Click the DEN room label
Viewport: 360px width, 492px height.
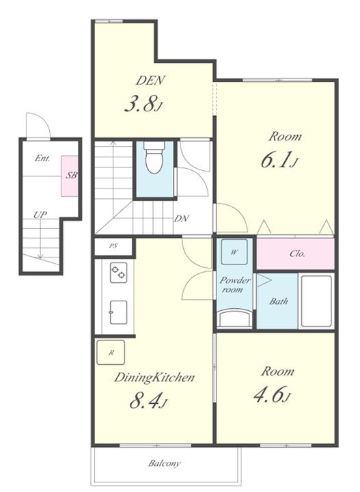150,81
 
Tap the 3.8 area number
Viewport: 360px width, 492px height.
141,104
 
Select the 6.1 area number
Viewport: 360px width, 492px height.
276,159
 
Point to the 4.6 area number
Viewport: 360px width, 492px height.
268,394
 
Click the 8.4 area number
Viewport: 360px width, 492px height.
145,400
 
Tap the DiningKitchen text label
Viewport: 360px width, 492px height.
154,377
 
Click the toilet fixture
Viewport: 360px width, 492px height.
154,158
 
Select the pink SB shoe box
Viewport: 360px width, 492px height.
70,176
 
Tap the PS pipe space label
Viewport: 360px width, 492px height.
113,246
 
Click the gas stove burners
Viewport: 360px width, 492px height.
119,273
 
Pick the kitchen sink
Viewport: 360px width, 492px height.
119,312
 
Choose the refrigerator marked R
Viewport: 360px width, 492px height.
111,353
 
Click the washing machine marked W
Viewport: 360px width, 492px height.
234,252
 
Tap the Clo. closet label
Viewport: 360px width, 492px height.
297,254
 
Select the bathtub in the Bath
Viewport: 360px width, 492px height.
316,301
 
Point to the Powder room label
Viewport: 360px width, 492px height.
234,285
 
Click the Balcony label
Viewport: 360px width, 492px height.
165,463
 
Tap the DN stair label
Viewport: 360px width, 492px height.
182,219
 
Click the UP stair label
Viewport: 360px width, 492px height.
40,215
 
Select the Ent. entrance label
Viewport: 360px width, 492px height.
42,158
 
